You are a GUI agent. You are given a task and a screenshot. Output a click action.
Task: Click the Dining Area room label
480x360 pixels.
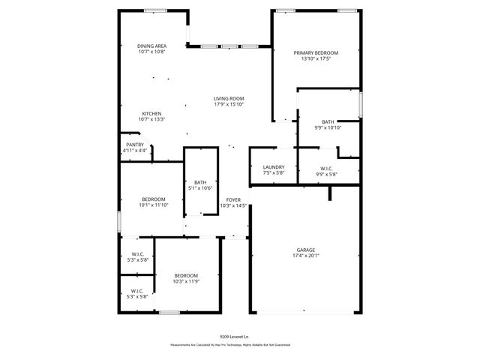pos(151,46)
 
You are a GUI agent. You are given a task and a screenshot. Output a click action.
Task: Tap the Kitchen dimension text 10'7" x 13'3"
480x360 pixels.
pos(151,119)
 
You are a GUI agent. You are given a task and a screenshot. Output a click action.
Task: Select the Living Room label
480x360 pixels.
pos(229,98)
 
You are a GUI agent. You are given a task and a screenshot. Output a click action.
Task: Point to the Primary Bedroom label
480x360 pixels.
pos(316,52)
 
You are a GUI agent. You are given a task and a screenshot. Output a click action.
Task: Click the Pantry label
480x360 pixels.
pos(135,145)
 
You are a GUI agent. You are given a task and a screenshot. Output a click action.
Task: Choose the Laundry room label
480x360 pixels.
pos(273,167)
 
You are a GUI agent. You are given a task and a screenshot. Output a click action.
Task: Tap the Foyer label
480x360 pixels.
pos(233,199)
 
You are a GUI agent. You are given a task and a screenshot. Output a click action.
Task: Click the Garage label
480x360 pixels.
pos(305,249)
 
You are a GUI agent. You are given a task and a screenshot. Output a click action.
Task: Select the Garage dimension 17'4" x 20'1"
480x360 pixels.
pos(305,255)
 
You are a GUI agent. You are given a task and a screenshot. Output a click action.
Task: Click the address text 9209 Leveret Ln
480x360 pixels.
pos(235,337)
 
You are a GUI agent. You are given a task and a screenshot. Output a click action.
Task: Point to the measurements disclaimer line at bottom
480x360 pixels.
pos(230,345)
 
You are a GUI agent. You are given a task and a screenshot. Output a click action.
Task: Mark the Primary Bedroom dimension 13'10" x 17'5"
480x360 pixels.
pos(316,59)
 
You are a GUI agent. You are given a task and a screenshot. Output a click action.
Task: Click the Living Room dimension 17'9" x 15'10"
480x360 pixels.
pos(229,104)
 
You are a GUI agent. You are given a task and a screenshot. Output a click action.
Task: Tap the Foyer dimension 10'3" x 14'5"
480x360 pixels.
pos(233,205)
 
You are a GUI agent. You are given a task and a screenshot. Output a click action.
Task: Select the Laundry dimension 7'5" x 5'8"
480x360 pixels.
pos(273,173)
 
